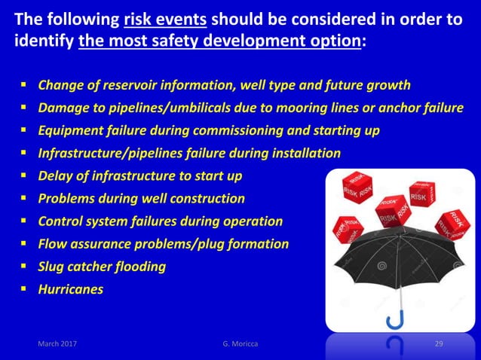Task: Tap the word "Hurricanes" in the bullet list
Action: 71,288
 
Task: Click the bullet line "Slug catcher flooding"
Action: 102,267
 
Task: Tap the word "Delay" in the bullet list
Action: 55,176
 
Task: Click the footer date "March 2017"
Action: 57,344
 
